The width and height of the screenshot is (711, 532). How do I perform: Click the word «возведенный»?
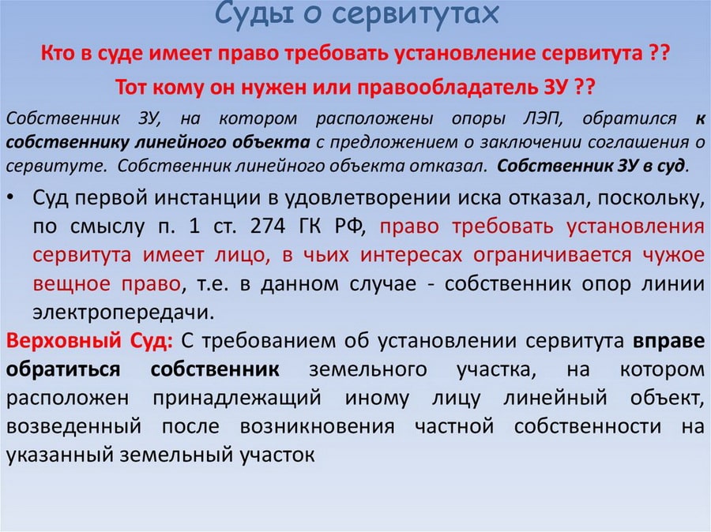pyautogui.click(x=75, y=426)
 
